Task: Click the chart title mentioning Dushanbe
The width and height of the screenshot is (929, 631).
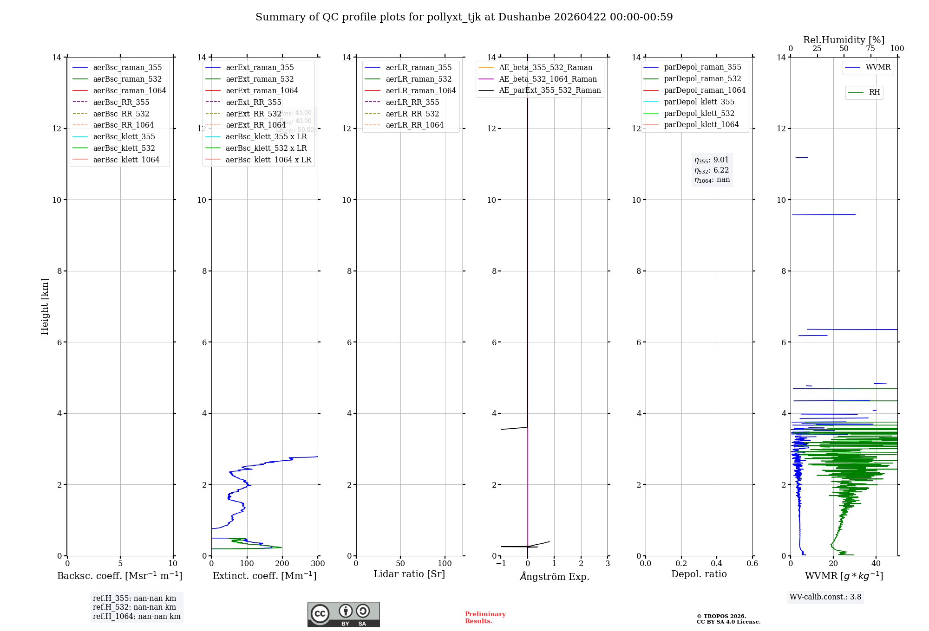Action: (x=464, y=17)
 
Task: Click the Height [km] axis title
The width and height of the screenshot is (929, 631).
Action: (x=45, y=307)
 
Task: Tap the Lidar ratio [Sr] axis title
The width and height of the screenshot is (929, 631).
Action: (x=409, y=574)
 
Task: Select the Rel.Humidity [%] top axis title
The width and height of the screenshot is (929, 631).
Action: (x=844, y=40)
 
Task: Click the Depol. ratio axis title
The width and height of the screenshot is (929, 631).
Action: (x=699, y=574)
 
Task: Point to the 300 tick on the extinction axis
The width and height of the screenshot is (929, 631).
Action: (x=318, y=564)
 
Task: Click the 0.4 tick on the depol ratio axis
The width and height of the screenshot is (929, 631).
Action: (x=717, y=564)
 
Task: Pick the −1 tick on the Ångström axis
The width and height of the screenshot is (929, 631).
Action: (x=500, y=564)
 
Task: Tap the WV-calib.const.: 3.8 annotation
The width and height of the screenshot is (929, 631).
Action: (x=825, y=597)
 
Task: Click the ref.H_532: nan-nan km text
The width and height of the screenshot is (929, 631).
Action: (x=134, y=607)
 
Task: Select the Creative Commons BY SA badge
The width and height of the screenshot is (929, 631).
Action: (x=343, y=615)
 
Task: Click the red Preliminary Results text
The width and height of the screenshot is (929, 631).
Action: (x=485, y=618)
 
